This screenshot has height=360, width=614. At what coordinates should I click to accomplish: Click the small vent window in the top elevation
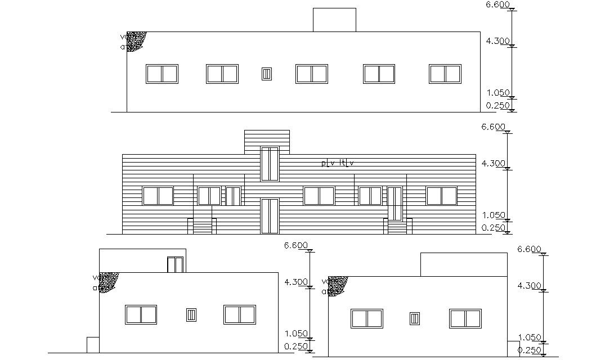click(267, 74)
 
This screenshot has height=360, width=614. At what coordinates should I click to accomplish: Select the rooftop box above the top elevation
click(334, 20)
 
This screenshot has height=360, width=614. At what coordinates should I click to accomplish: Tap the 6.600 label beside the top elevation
click(498, 5)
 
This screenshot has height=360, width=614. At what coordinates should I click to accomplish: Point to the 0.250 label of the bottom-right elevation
click(530, 350)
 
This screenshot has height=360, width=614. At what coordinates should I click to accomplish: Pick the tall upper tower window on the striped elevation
click(270, 164)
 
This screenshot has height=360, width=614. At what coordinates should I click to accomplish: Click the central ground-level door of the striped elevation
click(270, 215)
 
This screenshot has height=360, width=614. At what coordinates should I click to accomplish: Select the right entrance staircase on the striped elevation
click(397, 227)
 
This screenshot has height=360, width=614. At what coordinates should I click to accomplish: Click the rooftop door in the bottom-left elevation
click(175, 264)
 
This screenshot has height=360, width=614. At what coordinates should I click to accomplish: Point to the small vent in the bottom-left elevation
click(191, 315)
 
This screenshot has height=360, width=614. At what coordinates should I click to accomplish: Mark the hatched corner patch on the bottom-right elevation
click(338, 285)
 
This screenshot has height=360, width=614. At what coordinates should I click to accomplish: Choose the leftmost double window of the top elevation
click(162, 74)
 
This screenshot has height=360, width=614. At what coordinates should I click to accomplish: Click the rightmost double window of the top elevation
click(445, 74)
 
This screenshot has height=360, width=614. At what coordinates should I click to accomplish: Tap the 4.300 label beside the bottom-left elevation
click(296, 282)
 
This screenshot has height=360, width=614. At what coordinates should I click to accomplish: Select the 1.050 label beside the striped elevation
click(494, 215)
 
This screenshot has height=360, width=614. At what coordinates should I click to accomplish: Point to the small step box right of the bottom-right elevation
click(513, 348)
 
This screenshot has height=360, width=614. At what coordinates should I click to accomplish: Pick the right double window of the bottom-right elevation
click(465, 318)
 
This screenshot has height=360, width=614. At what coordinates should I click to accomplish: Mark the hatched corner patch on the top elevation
click(136, 40)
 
